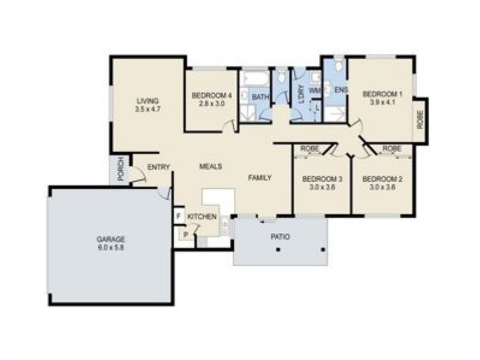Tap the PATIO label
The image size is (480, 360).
(280, 236)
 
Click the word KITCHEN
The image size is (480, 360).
(202, 217)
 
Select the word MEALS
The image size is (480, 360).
(211, 167)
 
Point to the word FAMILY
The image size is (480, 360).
(260, 178)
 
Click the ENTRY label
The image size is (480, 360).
(158, 167)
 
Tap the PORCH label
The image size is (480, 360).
(121, 169)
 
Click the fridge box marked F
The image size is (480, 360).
(179, 216)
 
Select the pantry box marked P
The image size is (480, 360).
(185, 235)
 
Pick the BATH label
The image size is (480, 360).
(260, 97)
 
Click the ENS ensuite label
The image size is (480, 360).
(341, 90)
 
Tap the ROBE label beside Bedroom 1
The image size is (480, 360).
(419, 119)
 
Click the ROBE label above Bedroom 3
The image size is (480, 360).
(310, 148)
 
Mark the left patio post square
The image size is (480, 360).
(278, 250)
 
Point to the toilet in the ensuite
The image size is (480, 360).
(338, 65)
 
